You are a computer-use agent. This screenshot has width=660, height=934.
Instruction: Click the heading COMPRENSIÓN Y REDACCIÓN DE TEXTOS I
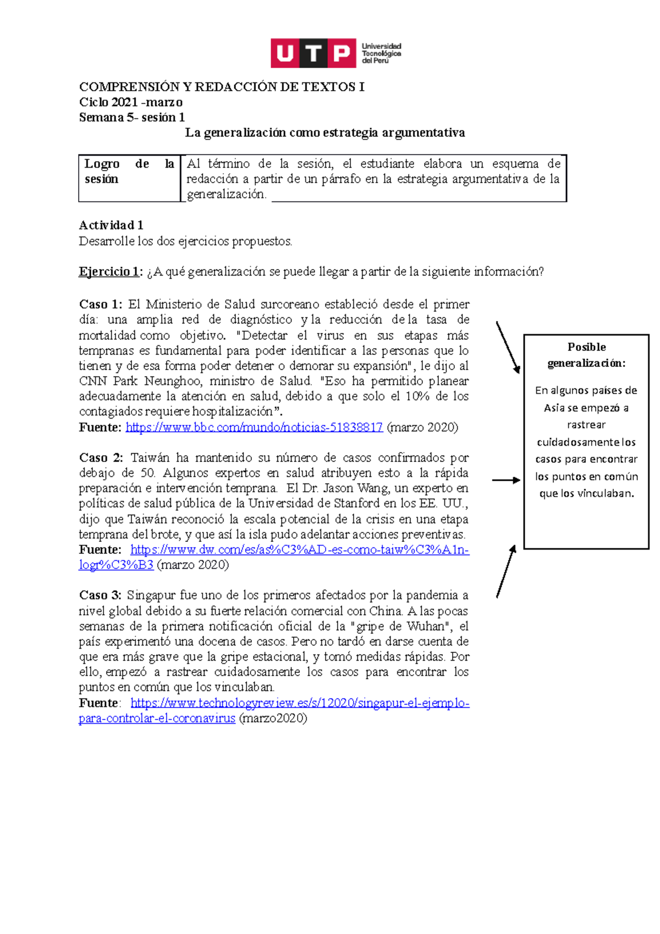(x=222, y=87)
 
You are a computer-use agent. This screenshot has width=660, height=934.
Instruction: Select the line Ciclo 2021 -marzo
(x=131, y=102)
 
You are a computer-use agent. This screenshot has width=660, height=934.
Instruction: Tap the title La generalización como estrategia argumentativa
(x=324, y=133)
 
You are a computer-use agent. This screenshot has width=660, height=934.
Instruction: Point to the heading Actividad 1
(x=111, y=225)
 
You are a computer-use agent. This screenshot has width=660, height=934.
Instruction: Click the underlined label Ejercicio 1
(x=109, y=272)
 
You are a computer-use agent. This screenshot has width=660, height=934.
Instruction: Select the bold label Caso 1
(x=101, y=305)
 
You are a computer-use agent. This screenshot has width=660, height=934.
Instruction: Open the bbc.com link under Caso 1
(x=254, y=427)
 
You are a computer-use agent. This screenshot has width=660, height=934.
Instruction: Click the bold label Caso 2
(x=101, y=458)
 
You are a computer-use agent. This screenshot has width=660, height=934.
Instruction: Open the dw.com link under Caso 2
(x=300, y=550)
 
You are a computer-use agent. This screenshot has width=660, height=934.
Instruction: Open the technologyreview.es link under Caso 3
(x=300, y=704)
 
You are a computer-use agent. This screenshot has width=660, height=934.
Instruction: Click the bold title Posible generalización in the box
(x=586, y=355)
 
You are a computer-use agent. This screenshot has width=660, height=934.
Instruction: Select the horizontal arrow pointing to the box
(x=505, y=480)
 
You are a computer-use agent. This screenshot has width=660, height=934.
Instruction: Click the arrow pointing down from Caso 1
(x=508, y=348)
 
